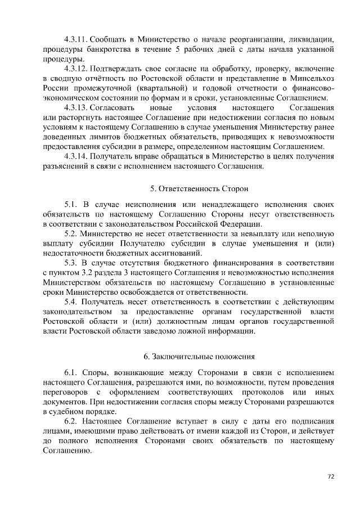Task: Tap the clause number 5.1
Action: point(70,205)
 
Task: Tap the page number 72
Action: point(331,476)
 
